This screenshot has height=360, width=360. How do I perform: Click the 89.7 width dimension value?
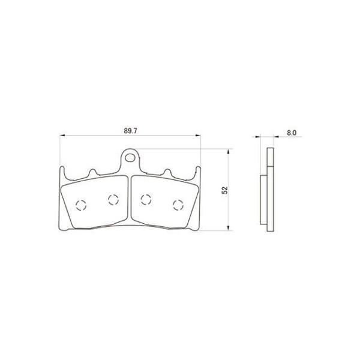point(130,131)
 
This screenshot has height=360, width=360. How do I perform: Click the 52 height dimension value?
point(225,190)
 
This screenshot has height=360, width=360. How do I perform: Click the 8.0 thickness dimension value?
point(292,133)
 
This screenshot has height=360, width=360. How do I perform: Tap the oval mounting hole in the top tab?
point(130,158)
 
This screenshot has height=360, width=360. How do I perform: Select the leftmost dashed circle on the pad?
point(81,205)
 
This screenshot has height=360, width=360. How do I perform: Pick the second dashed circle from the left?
point(113,200)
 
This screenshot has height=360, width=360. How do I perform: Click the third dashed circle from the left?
point(146,200)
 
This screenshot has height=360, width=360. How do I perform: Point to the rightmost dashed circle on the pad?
point(178,205)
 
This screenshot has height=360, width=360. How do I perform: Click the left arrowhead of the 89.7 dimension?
point(62,136)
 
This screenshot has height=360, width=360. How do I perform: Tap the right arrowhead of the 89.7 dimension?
point(198,136)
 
